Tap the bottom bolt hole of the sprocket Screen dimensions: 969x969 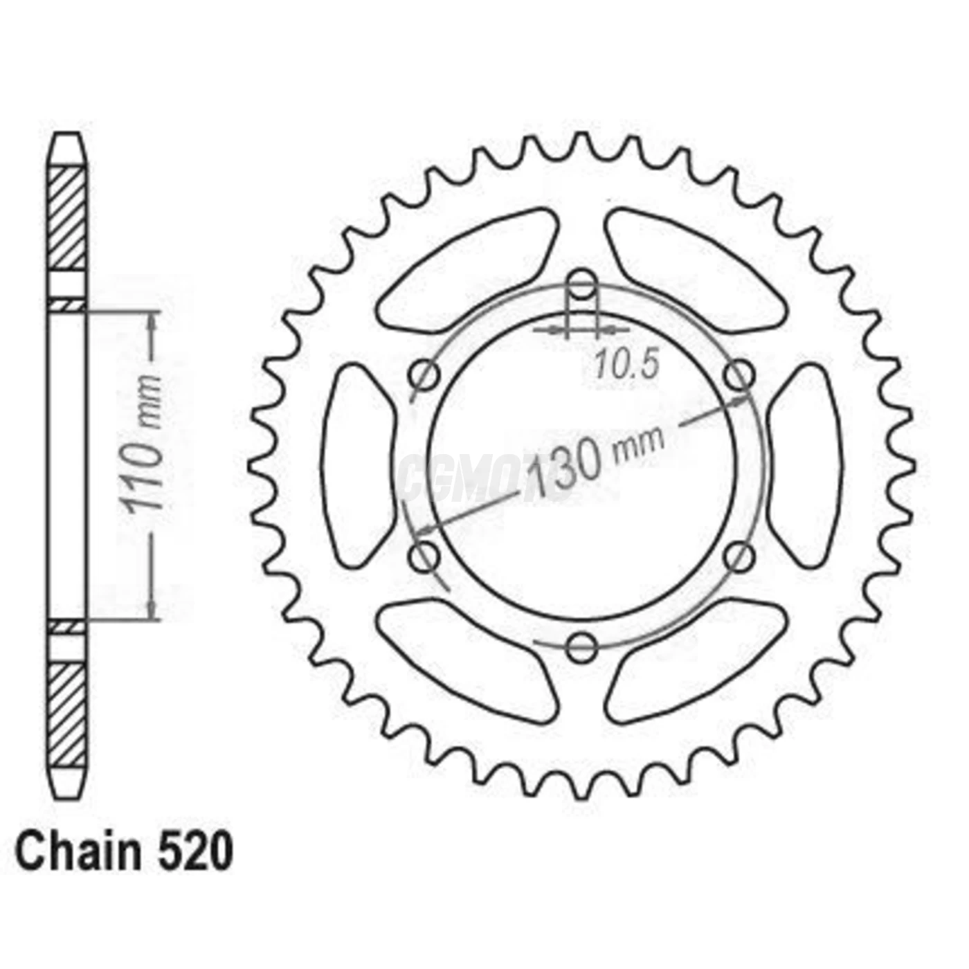(x=581, y=647)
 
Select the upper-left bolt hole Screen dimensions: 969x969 (x=424, y=376)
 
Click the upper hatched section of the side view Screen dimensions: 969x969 (x=69, y=218)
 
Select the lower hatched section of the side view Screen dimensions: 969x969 (x=69, y=713)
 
